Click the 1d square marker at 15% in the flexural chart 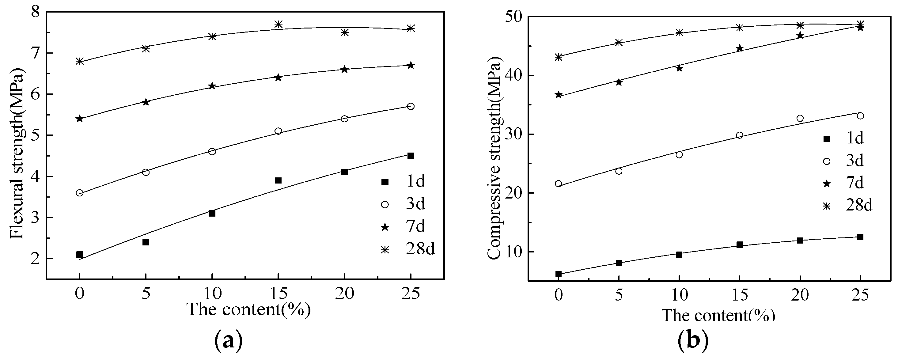(278, 180)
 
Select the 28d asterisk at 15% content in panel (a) (278, 24)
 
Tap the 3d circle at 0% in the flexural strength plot (79, 193)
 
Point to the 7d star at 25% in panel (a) (411, 65)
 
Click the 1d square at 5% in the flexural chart (146, 242)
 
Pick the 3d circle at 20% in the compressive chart (800, 118)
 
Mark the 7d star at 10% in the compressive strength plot (679, 68)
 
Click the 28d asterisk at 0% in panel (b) (559, 57)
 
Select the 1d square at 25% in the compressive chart (860, 237)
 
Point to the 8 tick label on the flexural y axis (36, 12)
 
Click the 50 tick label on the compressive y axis (513, 17)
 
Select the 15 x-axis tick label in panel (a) (278, 294)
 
